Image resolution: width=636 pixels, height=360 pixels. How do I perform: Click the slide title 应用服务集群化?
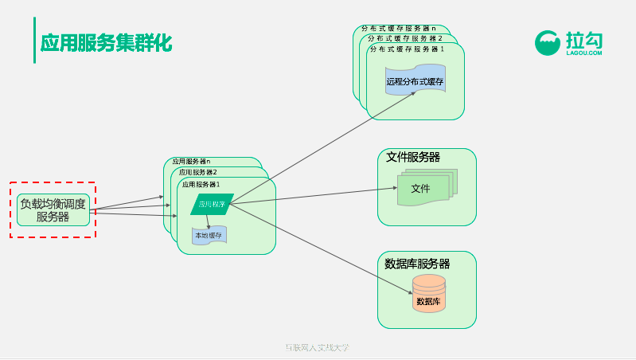106,42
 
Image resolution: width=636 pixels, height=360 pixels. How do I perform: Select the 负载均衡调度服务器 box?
53,210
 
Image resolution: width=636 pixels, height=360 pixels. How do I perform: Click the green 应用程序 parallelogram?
212,204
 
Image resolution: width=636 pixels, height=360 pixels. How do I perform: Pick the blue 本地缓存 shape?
209,235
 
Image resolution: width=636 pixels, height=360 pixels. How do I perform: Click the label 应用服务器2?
198,172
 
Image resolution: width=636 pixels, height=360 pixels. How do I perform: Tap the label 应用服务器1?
201,184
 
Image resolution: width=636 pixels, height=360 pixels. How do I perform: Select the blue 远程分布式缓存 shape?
415,81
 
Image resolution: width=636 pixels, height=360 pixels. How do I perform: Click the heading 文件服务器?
413,156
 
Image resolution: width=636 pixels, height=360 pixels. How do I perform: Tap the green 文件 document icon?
421,190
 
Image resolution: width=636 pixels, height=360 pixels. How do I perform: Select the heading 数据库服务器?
417,264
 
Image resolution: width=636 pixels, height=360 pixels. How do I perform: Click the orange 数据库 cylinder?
428,295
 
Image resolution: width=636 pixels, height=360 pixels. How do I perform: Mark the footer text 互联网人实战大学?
317,348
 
